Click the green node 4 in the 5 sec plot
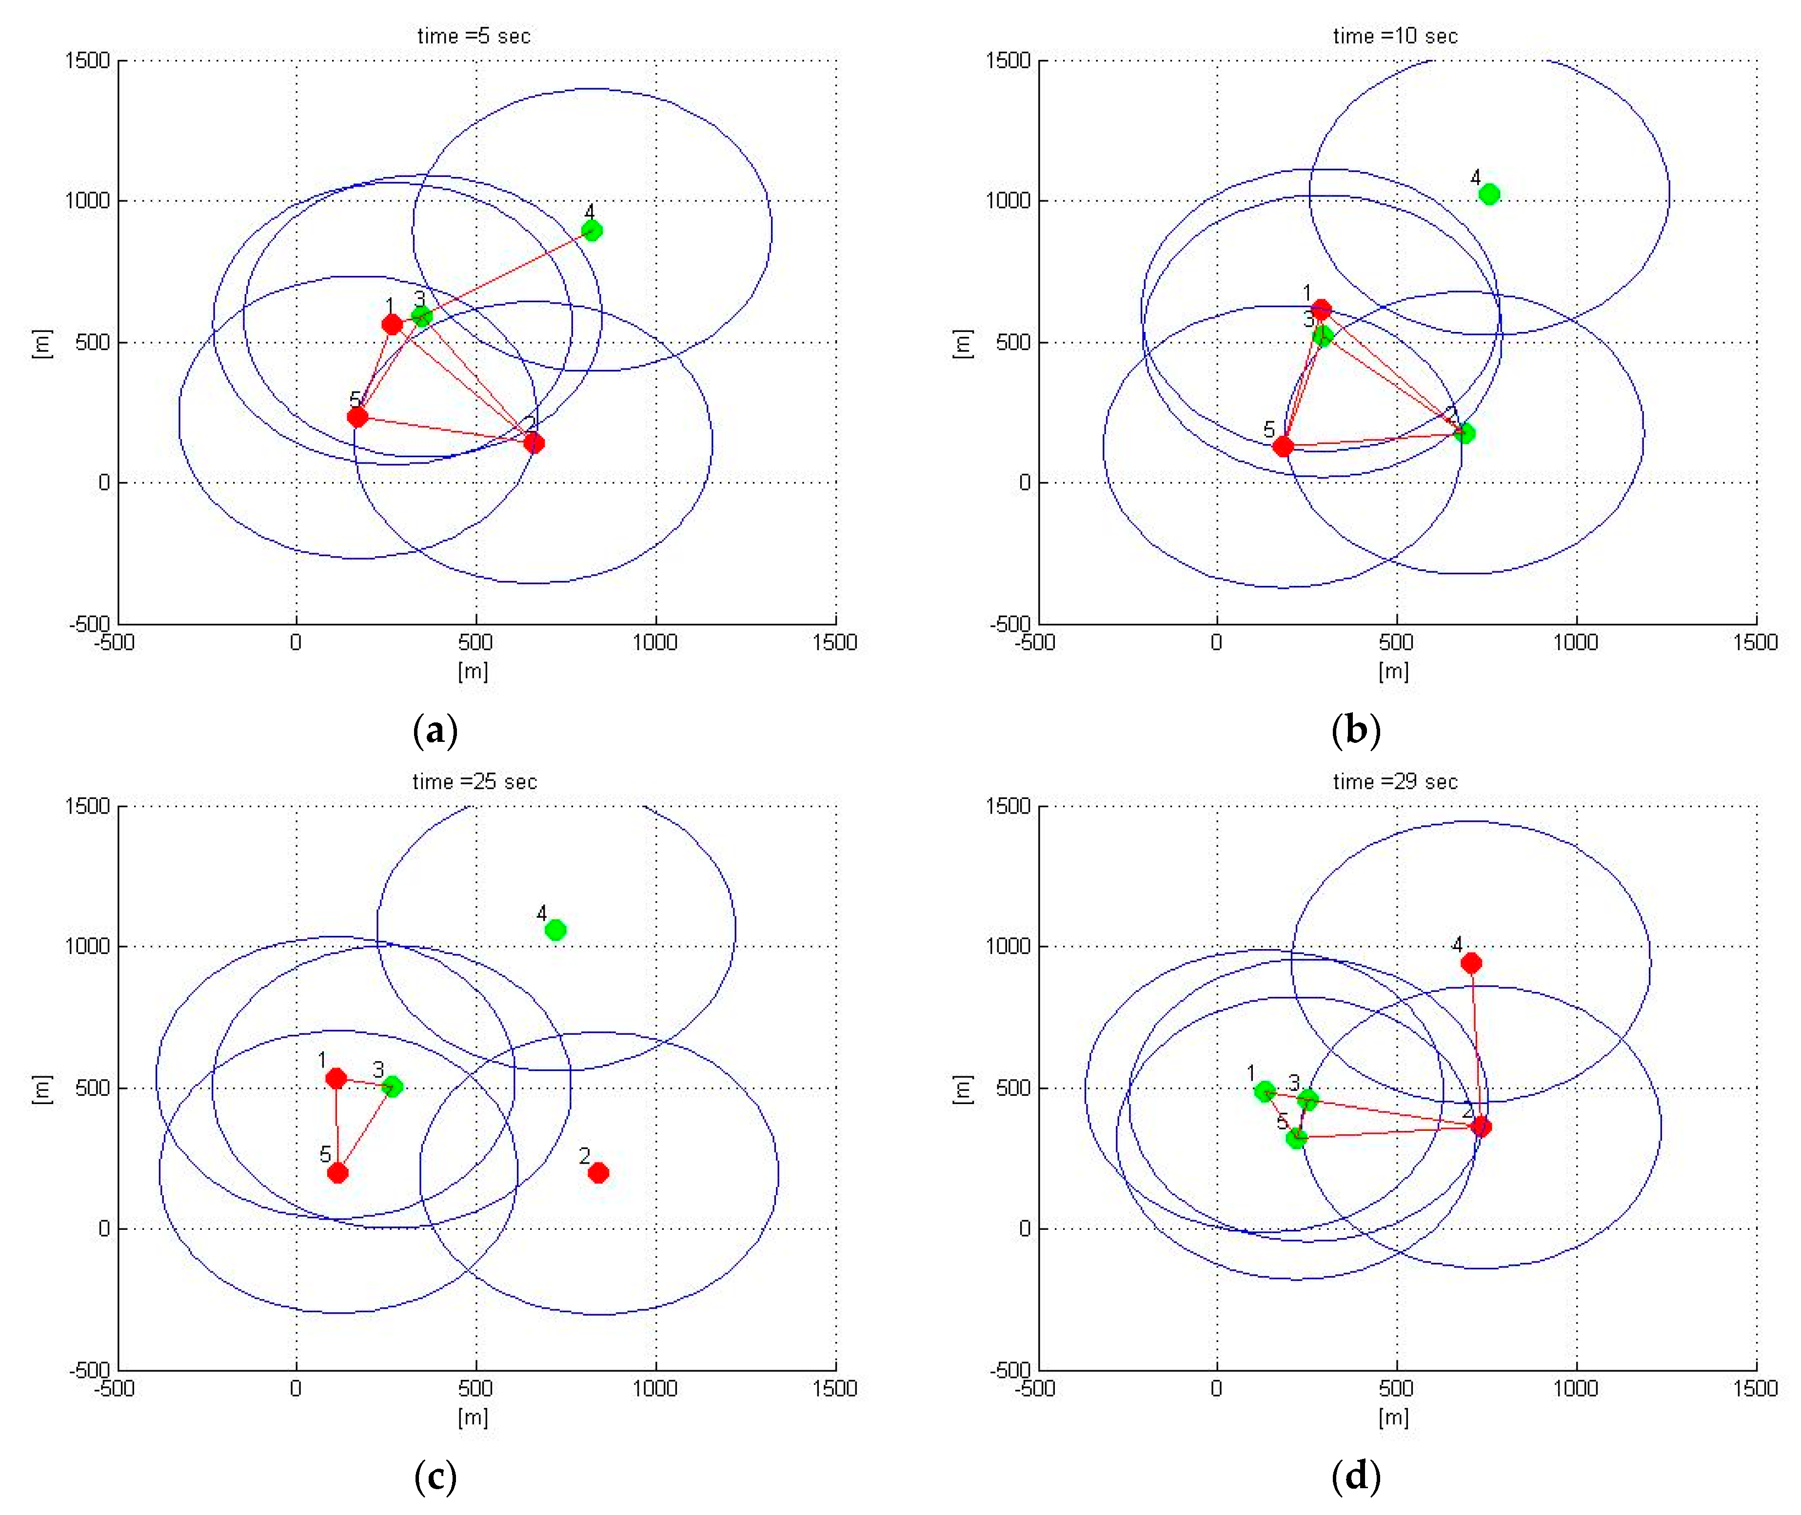click(x=591, y=230)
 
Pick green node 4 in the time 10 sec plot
click(x=1489, y=194)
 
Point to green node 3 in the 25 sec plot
click(x=392, y=1087)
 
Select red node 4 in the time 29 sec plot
click(x=1471, y=963)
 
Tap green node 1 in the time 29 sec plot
click(x=1264, y=1091)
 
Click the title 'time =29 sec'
click(x=1395, y=781)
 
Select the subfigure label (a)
click(x=435, y=731)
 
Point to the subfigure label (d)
click(x=1355, y=1476)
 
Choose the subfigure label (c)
click(x=435, y=1476)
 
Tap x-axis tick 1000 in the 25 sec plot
click(x=655, y=1389)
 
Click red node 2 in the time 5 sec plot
click(x=534, y=443)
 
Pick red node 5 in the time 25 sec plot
click(x=337, y=1172)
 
